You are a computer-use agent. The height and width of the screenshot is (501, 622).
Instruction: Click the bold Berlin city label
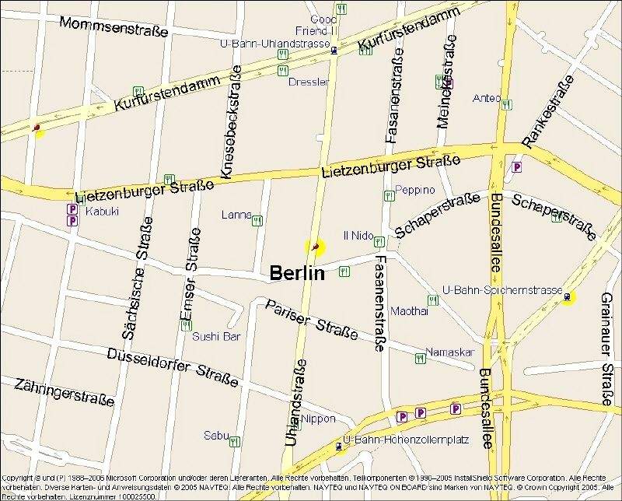tap(296, 273)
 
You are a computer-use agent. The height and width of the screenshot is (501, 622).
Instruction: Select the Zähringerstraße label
tap(64, 392)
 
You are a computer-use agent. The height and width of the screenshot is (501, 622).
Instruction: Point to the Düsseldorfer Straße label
tap(173, 365)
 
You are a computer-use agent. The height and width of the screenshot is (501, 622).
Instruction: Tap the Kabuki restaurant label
tap(102, 211)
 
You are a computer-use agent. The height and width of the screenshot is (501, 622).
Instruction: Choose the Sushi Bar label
tap(216, 337)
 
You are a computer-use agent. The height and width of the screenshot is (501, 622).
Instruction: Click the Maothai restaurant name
tap(409, 310)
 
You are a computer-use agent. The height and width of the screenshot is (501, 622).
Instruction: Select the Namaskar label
tap(449, 352)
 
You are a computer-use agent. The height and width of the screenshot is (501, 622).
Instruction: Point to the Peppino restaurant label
tap(414, 190)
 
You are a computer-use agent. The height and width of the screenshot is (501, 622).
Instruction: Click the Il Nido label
tap(358, 235)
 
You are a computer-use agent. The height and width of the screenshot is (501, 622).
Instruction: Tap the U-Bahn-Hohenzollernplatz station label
tap(407, 440)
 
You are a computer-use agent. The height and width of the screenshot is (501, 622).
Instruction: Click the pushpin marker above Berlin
tap(314, 247)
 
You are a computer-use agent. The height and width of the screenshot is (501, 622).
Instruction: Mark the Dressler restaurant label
tap(309, 82)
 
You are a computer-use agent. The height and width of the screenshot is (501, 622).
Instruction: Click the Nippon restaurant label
tap(318, 419)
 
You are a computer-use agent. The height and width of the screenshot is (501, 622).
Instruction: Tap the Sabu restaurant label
tap(215, 436)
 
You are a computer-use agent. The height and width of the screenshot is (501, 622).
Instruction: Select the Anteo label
tap(487, 99)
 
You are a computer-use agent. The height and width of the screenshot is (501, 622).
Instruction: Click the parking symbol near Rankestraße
tap(516, 166)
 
